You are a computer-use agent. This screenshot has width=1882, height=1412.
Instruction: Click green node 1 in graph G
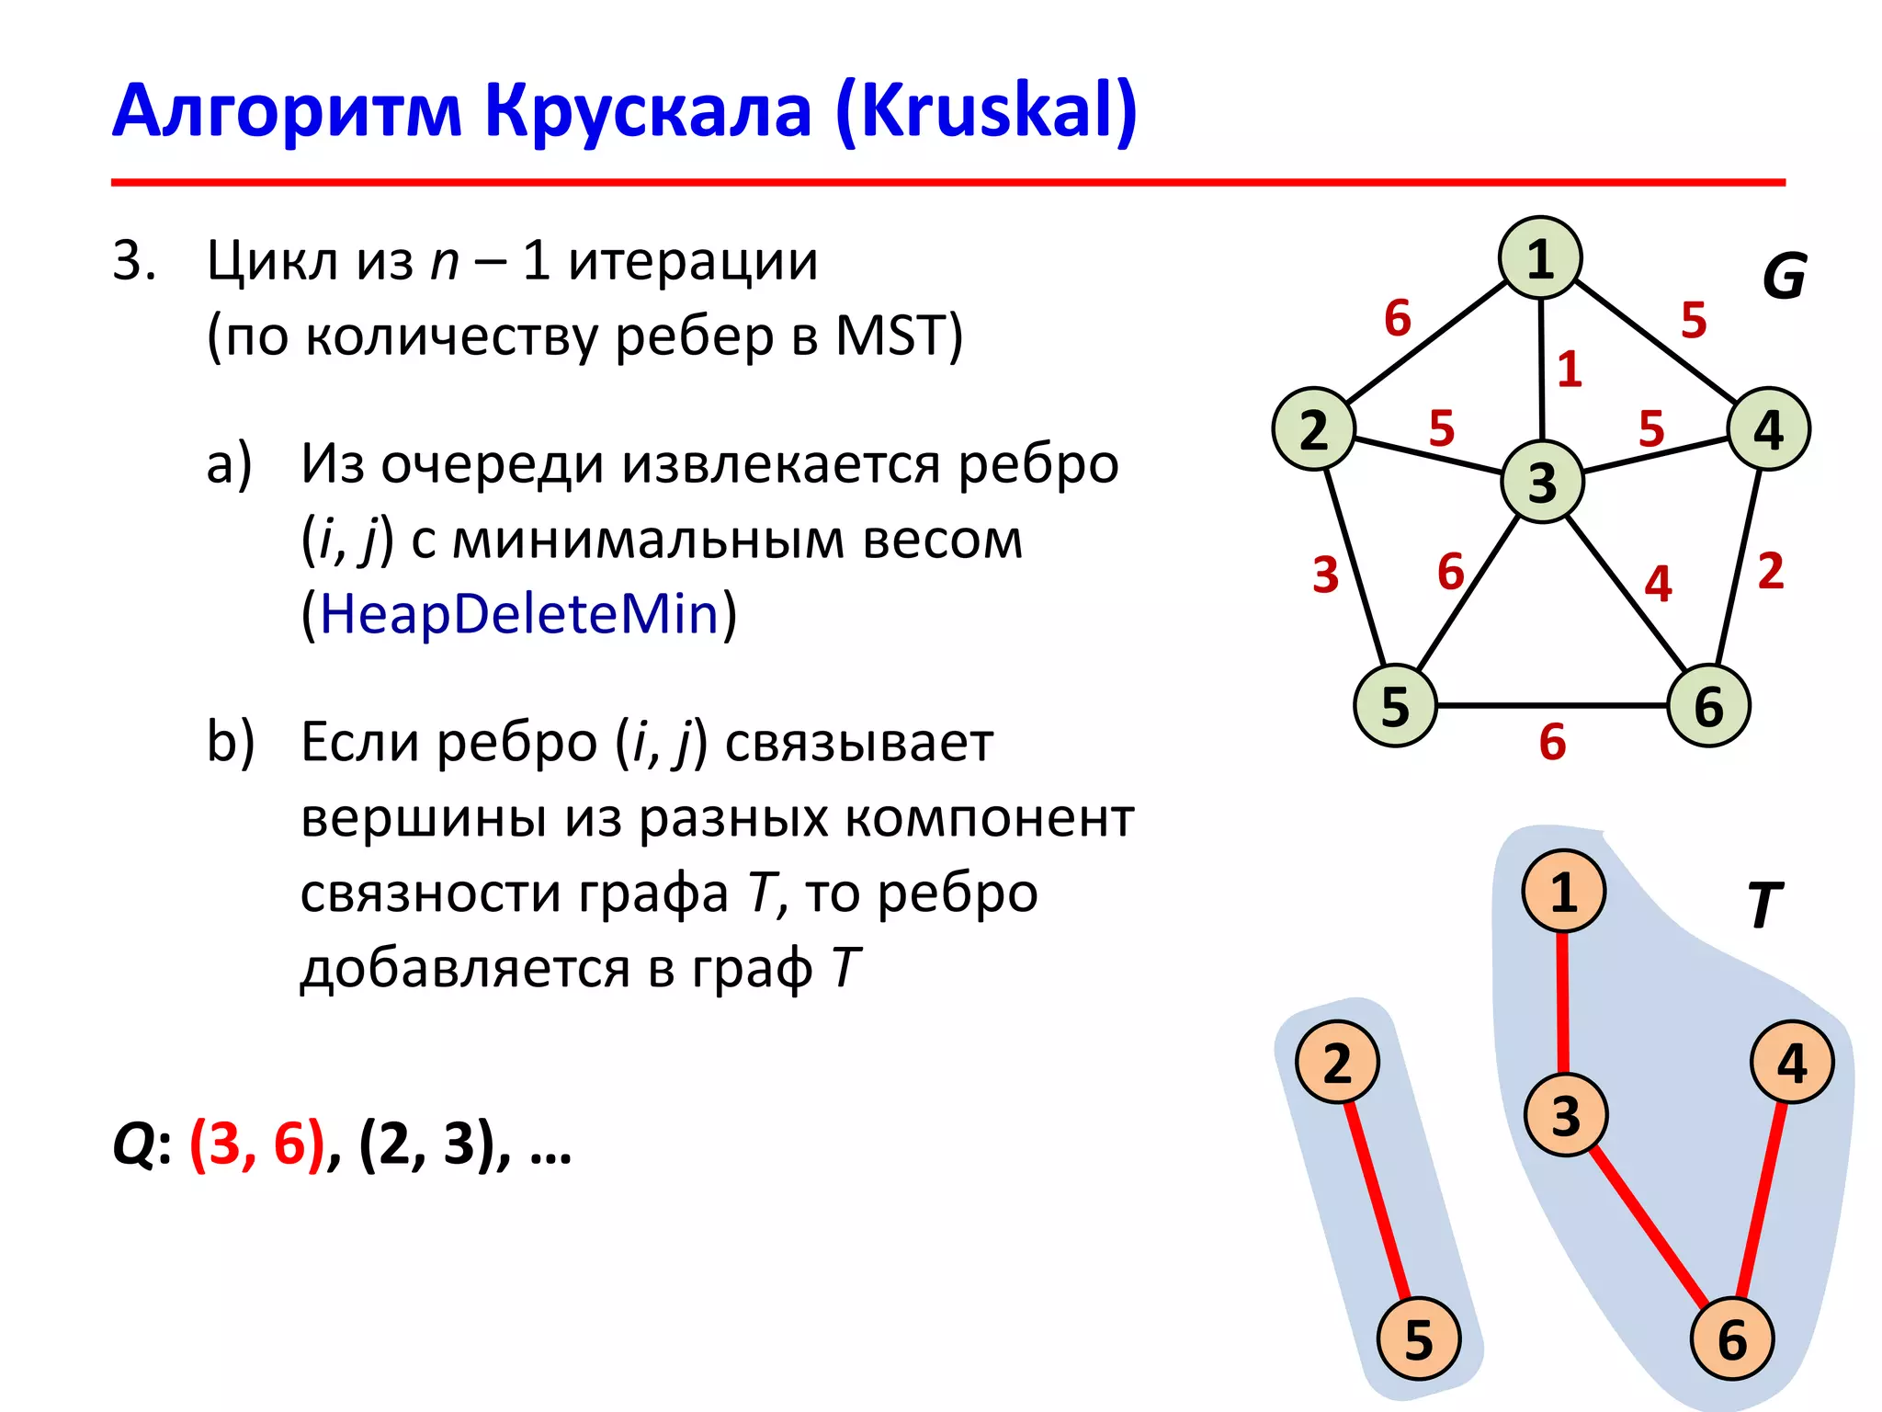(x=1540, y=258)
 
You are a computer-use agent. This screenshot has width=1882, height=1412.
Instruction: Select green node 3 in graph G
(x=1542, y=482)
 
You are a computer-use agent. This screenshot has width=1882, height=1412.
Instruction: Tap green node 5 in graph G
(x=1395, y=706)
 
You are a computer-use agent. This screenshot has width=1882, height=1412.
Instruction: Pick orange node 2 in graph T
(x=1337, y=1063)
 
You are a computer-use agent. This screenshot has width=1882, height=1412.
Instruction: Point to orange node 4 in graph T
(x=1792, y=1063)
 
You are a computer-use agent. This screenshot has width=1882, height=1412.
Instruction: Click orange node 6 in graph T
(x=1732, y=1338)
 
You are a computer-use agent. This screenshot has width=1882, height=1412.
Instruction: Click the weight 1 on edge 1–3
(x=1570, y=370)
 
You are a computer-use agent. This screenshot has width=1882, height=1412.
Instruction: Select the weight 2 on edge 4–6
(x=1771, y=571)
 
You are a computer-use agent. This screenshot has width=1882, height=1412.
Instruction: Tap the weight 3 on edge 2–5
(x=1325, y=575)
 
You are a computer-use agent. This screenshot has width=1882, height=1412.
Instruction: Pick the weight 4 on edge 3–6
(x=1658, y=584)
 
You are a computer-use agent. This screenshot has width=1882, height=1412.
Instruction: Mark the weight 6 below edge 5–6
(x=1552, y=742)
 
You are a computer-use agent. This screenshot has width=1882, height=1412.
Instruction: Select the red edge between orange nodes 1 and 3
(x=1562, y=1002)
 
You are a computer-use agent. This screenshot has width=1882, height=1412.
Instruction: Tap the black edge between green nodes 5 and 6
(x=1552, y=706)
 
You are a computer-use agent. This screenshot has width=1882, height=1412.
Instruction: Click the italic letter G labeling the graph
(x=1784, y=277)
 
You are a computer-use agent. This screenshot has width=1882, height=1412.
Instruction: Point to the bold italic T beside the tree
(x=1763, y=905)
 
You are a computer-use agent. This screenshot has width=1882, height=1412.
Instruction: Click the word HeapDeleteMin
(x=519, y=614)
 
